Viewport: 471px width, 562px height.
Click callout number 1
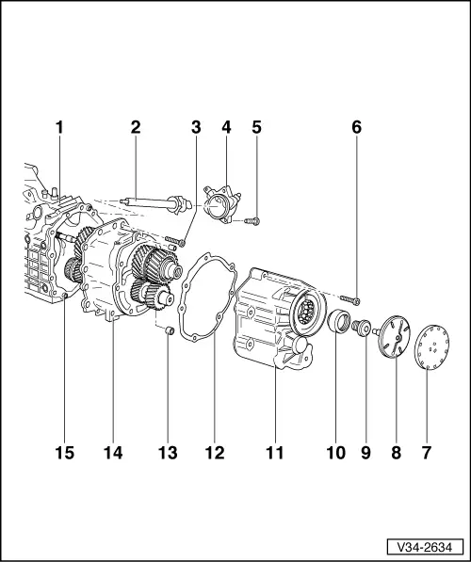tap(60, 125)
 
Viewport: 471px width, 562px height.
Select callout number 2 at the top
tap(136, 125)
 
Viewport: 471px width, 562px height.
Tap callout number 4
tap(224, 125)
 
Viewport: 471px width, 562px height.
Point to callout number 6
tap(356, 125)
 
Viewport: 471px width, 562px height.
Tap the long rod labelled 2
tap(151, 201)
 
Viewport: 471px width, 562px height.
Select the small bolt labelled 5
tap(252, 221)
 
